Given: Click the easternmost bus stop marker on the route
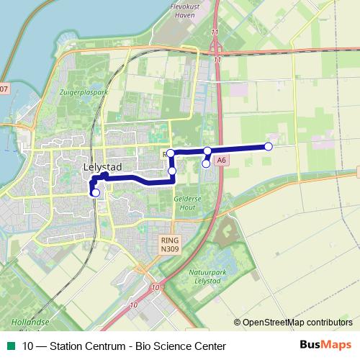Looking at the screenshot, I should pos(269,146).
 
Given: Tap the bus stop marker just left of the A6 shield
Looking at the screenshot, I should pos(206,163).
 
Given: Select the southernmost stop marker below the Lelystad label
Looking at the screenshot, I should pos(96,192).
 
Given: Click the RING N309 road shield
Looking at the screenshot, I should pos(169,245).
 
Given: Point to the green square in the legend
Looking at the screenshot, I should pos(11,346).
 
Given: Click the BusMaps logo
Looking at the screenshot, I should pos(325,345).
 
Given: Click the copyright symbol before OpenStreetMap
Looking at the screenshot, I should pos(238,322).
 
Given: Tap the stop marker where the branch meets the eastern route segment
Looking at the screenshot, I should pos(207,150).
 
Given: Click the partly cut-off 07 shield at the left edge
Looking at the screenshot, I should pos(4,89).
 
